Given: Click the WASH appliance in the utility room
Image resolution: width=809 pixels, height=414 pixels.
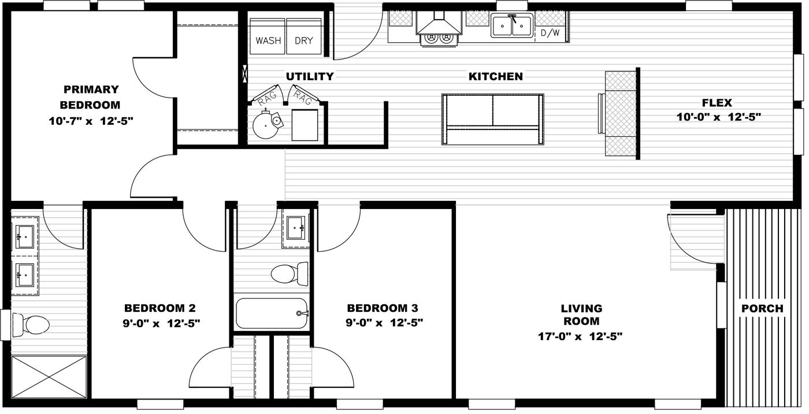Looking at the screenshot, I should (268, 37).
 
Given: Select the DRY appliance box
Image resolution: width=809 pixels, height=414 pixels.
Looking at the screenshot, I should (303, 37).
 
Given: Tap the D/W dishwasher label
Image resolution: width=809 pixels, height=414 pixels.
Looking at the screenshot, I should (550, 33).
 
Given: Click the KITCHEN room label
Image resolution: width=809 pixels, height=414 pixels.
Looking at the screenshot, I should (495, 76).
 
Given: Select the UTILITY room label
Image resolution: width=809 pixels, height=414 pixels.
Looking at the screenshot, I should (310, 76).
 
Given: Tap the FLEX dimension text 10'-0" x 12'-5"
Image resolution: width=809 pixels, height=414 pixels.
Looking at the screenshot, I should (718, 117).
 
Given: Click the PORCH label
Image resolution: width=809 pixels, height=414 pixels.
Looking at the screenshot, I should (762, 308).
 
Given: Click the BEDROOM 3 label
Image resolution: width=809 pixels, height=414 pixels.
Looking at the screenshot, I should (382, 308).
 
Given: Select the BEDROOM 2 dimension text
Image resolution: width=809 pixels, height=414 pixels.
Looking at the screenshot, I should (162, 323).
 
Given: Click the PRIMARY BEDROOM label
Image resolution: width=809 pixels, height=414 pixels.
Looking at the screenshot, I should (91, 97).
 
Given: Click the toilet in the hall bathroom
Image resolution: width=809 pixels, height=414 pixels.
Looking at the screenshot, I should (289, 273).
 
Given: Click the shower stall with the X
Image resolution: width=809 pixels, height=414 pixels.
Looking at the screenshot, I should (49, 377).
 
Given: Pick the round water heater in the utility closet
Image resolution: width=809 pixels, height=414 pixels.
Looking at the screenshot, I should (268, 123).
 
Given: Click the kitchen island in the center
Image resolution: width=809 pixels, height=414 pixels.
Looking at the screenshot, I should (492, 118).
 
